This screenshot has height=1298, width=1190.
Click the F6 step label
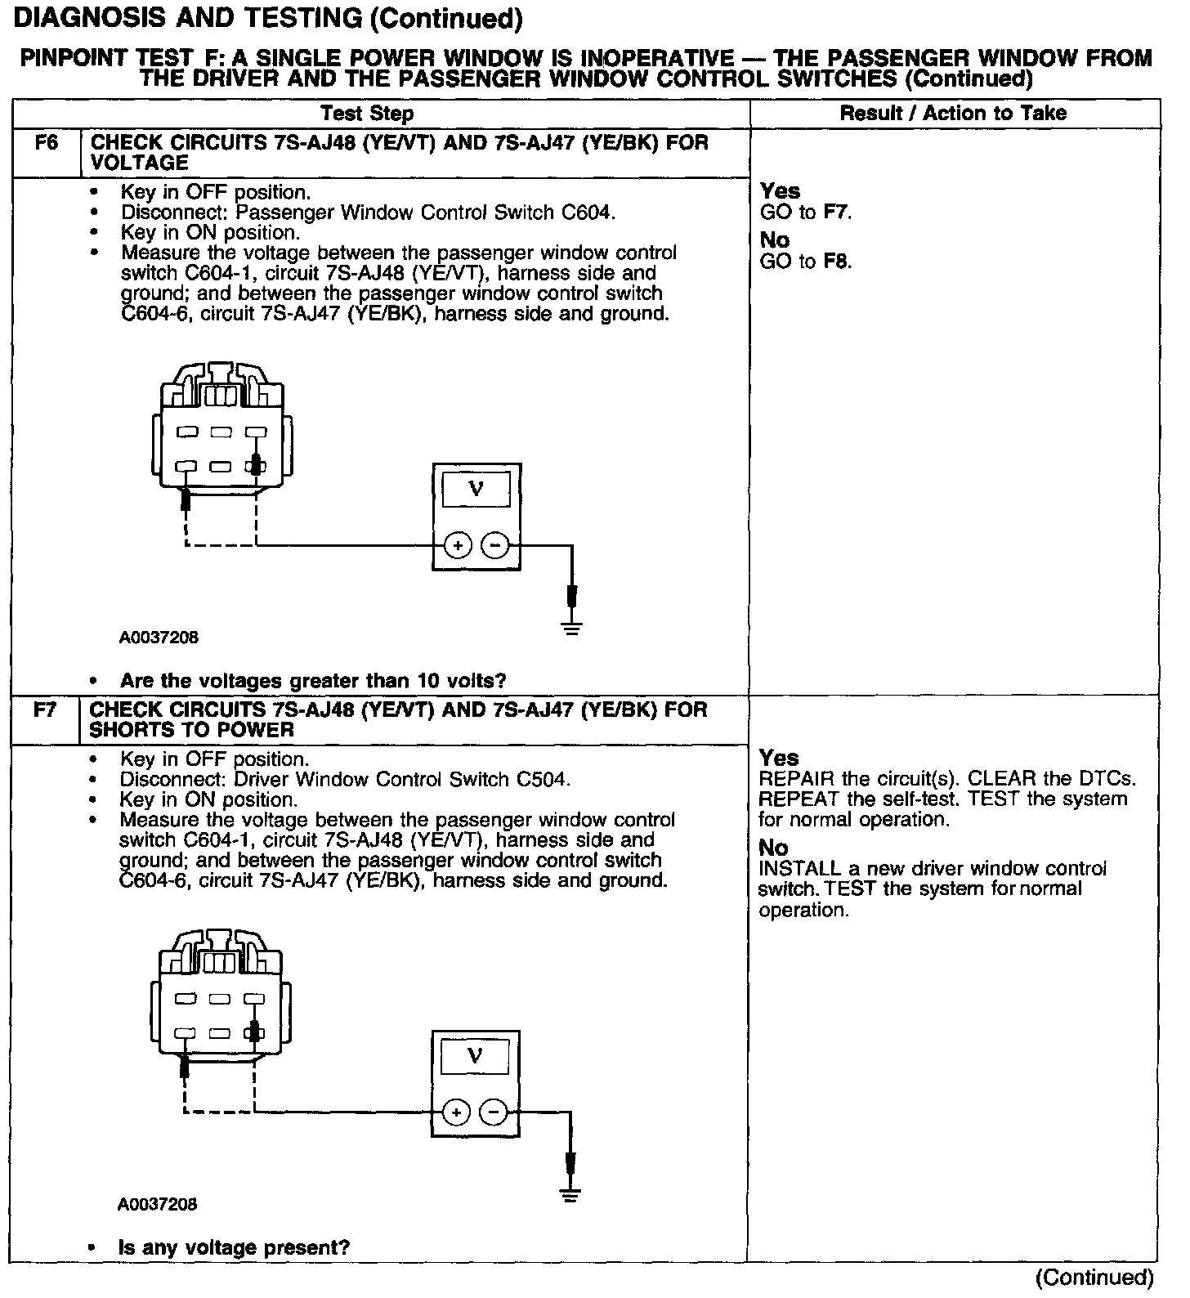[x=47, y=143]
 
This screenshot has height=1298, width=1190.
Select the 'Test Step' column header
[x=367, y=113]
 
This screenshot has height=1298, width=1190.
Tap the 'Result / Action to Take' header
[x=953, y=113]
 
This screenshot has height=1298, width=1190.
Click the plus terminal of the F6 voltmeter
[x=458, y=545]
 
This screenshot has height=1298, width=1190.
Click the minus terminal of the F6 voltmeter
[x=494, y=545]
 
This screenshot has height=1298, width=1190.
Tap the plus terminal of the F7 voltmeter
[x=457, y=1112]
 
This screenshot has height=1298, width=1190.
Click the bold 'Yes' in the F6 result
[x=780, y=190]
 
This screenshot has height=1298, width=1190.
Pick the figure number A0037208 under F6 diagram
[x=159, y=637]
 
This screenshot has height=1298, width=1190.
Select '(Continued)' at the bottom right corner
[x=1094, y=1278]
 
